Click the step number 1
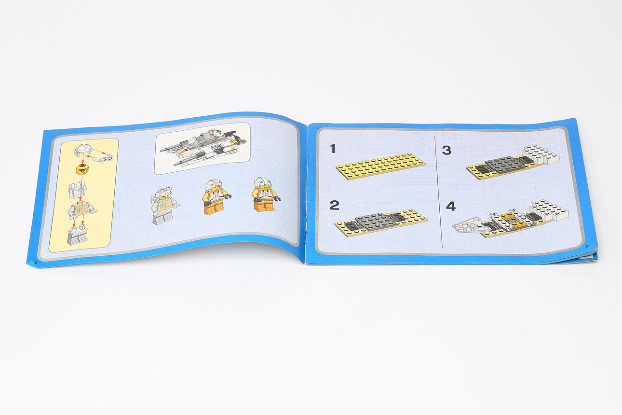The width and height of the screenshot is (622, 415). (333, 149)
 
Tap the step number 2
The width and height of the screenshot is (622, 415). (334, 206)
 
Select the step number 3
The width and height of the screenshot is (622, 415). (446, 151)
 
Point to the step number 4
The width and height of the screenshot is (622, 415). (451, 207)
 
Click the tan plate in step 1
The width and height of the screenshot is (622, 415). (380, 166)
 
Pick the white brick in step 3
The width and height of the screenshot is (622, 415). (540, 155)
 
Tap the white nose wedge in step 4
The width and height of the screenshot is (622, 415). (469, 226)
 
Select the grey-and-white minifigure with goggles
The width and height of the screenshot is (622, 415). (164, 206)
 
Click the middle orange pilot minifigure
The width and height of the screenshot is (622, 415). (216, 197)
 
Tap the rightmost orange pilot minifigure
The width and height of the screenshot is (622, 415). (265, 194)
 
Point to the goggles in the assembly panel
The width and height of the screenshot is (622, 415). (103, 158)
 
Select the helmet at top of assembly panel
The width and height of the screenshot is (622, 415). (82, 151)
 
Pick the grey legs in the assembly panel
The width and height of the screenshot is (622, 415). (78, 235)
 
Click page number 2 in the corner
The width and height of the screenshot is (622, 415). (35, 262)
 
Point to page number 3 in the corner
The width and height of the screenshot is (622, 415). (586, 246)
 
